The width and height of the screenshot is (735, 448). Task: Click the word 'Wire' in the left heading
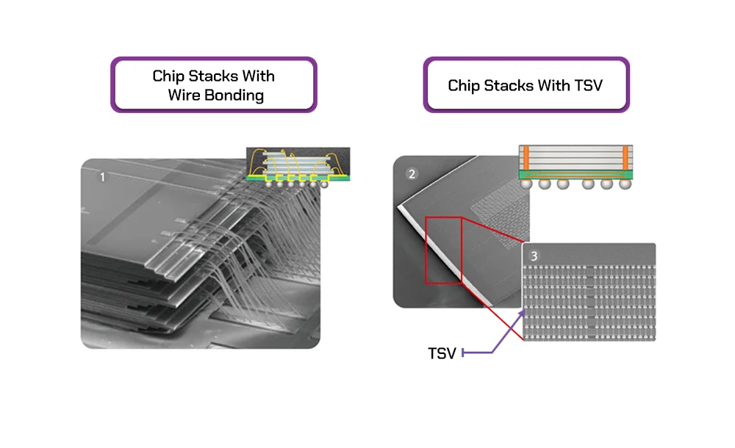click(x=184, y=95)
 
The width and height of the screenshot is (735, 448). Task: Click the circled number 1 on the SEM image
click(x=102, y=176)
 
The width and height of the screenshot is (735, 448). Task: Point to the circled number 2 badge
click(x=412, y=175)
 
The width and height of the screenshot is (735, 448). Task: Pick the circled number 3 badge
click(x=534, y=256)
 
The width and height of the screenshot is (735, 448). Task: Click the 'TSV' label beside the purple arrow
click(x=442, y=354)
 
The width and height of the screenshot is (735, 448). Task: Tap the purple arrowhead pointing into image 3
click(x=523, y=311)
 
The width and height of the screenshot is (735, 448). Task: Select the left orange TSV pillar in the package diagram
click(x=526, y=158)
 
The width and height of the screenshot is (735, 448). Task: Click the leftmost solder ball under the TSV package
click(x=527, y=185)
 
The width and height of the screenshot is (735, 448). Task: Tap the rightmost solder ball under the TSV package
click(x=625, y=185)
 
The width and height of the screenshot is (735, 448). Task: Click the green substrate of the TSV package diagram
click(x=576, y=175)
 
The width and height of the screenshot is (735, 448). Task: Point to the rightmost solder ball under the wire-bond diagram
click(x=324, y=183)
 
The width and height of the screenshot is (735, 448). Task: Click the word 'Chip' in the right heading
click(x=463, y=86)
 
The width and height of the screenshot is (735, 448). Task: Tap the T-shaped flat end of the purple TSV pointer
click(x=463, y=354)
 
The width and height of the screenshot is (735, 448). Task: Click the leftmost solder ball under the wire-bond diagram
click(x=270, y=183)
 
